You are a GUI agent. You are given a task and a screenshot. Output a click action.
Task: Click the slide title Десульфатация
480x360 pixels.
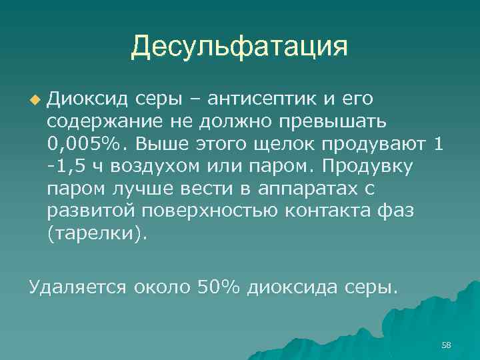(239, 47)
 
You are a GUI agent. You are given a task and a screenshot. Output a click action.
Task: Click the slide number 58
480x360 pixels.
(446, 344)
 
